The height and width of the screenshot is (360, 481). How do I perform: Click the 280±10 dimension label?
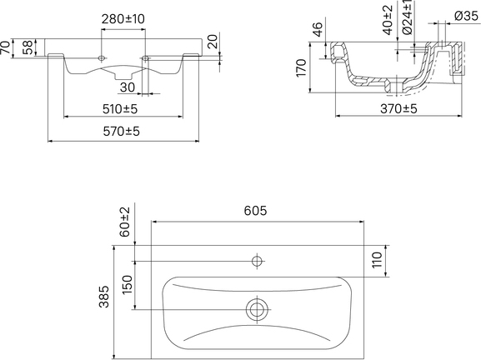[123, 19]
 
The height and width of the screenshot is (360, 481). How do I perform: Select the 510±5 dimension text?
[120, 109]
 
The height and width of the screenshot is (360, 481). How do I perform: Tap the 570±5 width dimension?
[121, 132]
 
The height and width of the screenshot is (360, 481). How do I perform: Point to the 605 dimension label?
[255, 211]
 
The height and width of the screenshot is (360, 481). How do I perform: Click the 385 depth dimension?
[104, 296]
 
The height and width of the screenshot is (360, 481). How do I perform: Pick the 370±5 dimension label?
[398, 108]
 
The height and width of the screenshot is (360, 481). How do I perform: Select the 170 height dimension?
[302, 68]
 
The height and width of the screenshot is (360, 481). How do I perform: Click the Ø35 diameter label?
[466, 16]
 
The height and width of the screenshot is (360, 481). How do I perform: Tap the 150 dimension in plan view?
[127, 284]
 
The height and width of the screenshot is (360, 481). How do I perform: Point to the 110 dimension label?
[377, 260]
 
